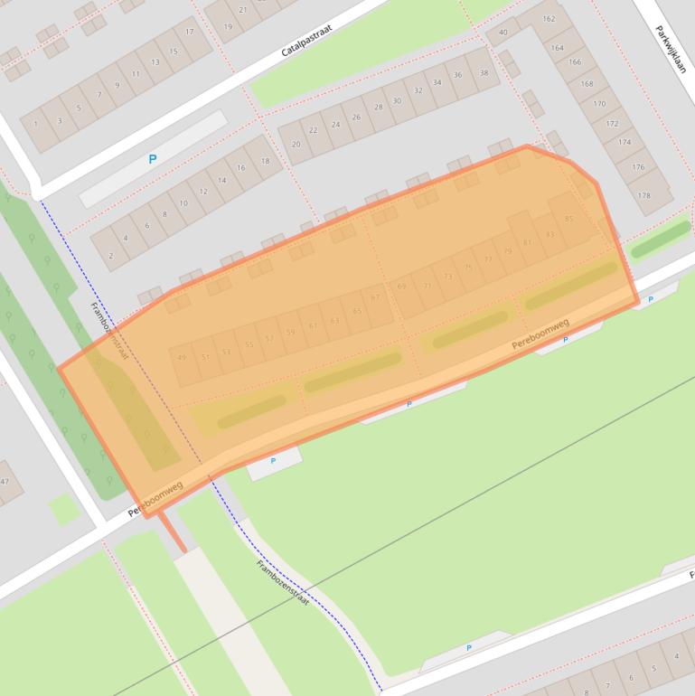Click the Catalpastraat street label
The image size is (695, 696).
click(x=306, y=41)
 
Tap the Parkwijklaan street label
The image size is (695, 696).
click(x=672, y=43)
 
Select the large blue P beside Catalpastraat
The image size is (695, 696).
click(x=153, y=159)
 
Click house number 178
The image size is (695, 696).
click(x=643, y=195)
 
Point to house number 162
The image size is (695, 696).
click(x=549, y=18)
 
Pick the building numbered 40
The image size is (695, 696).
click(x=503, y=33)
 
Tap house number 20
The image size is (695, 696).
click(x=296, y=144)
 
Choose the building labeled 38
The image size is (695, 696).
click(x=484, y=73)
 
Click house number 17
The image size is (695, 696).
click(x=190, y=32)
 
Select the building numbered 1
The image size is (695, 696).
click(x=37, y=122)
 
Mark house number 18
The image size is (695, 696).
click(x=265, y=162)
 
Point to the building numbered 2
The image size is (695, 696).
click(x=111, y=256)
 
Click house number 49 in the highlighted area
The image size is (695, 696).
click(x=182, y=358)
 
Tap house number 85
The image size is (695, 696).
click(x=568, y=219)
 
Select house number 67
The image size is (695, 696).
click(x=376, y=297)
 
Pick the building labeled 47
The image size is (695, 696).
click(x=5, y=482)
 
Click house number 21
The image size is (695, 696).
click(x=242, y=11)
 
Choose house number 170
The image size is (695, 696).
click(x=599, y=104)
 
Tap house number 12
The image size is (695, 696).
click(x=203, y=191)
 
